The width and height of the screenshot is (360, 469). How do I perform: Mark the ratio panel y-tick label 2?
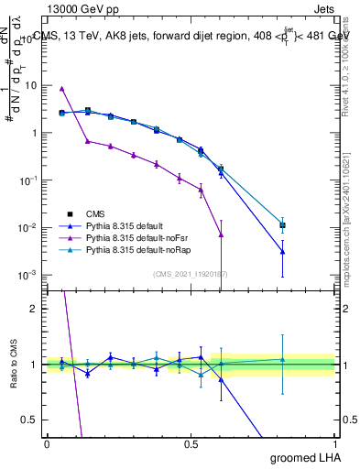tap(32, 309)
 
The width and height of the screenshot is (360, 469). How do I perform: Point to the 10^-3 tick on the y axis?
tap(26, 275)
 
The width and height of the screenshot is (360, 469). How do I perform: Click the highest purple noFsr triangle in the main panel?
tap(61, 89)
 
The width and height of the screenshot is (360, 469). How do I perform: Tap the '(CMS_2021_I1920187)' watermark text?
tap(191, 273)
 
